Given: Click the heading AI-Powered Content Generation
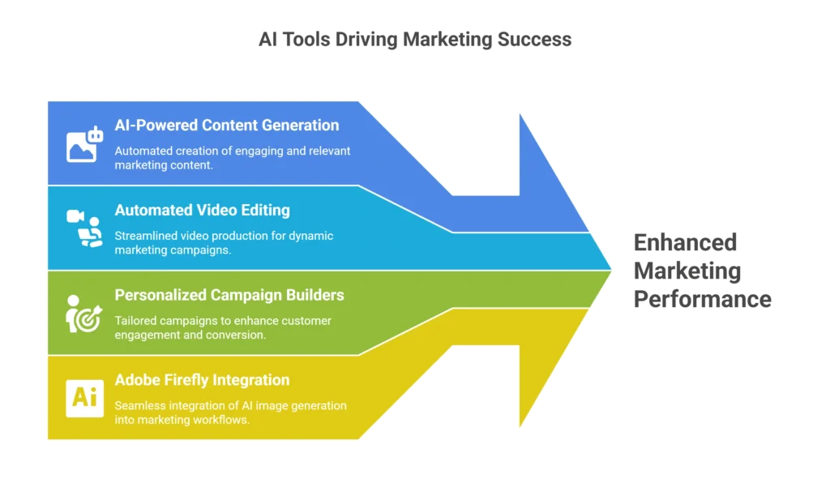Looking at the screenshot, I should [226, 126].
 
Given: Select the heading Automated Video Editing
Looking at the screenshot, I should [202, 211].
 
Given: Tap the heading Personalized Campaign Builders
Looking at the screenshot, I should [229, 295].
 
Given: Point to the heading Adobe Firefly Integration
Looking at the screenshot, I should [202, 380].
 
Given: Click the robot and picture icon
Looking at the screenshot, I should [85, 144].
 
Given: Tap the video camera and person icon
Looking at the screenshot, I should [85, 228].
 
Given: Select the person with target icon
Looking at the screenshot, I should [83, 314].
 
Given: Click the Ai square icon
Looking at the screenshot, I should [84, 397].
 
